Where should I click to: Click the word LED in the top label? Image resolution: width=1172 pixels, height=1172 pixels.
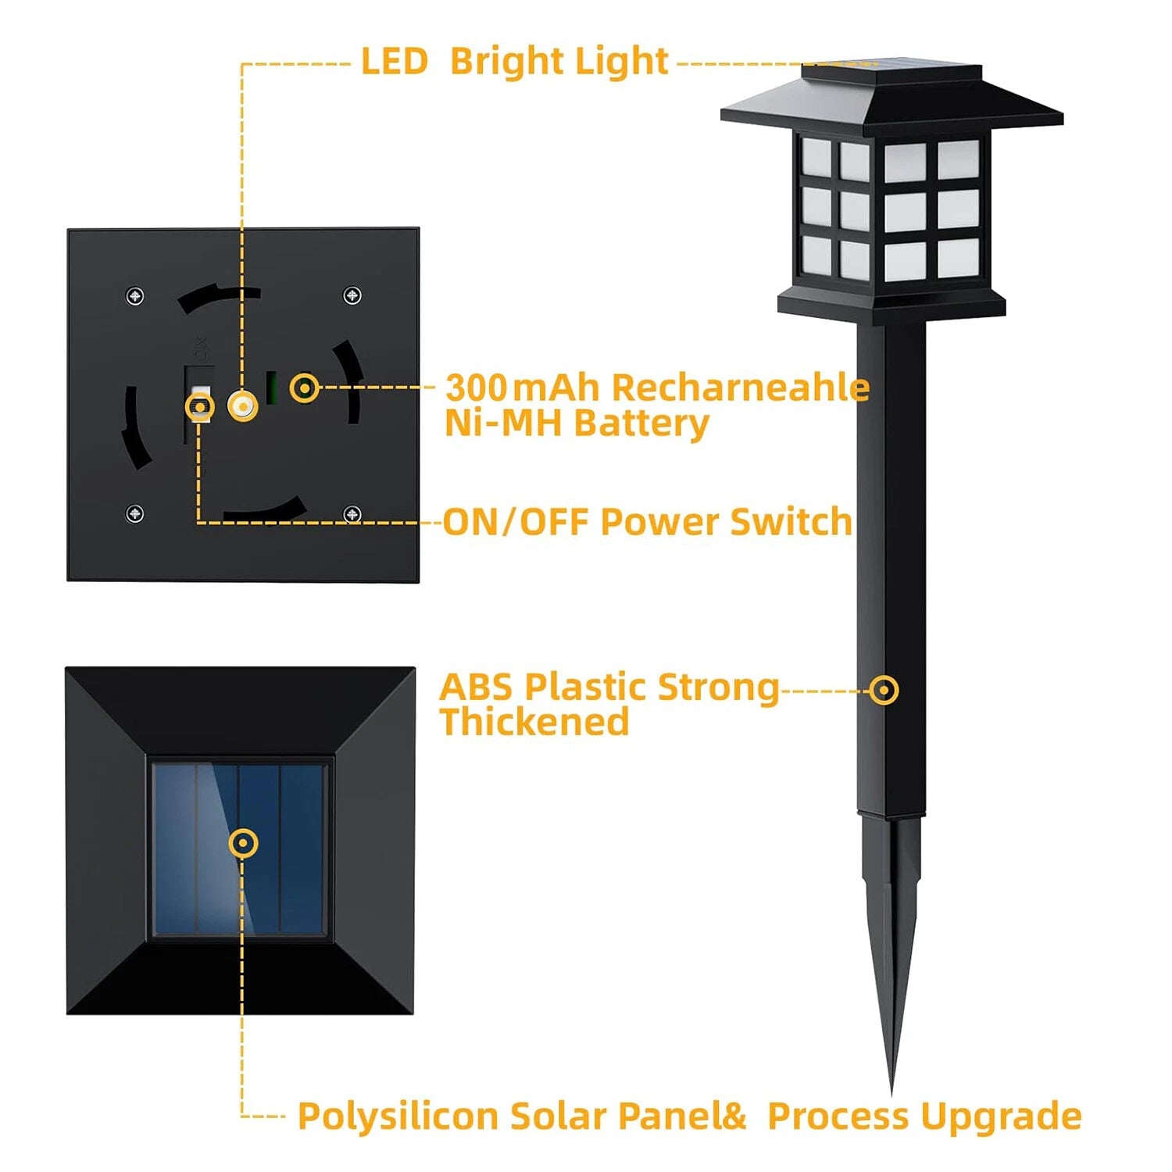pyautogui.click(x=394, y=62)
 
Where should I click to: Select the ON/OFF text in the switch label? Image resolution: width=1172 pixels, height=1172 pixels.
pyautogui.click(x=515, y=522)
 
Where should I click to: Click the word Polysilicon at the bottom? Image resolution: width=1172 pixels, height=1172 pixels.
pyautogui.click(x=398, y=1116)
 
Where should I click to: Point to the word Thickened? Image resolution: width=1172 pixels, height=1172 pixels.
pyautogui.click(x=534, y=722)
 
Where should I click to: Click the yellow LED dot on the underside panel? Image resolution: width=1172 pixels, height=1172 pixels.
pyautogui.click(x=242, y=406)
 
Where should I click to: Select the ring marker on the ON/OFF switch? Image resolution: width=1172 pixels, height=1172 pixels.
pyautogui.click(x=200, y=406)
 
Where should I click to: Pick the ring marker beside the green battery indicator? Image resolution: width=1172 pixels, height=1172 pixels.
pyautogui.click(x=304, y=388)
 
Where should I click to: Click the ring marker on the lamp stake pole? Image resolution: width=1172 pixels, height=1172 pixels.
pyautogui.click(x=884, y=690)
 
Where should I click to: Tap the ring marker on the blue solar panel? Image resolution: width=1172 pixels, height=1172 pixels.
pyautogui.click(x=244, y=843)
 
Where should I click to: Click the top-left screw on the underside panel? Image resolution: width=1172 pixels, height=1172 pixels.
pyautogui.click(x=135, y=296)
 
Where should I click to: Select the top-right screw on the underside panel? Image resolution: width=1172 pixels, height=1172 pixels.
pyautogui.click(x=352, y=295)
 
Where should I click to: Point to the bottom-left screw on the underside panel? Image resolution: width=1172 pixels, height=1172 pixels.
pyautogui.click(x=135, y=513)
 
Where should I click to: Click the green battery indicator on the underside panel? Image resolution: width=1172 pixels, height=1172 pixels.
pyautogui.click(x=271, y=388)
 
